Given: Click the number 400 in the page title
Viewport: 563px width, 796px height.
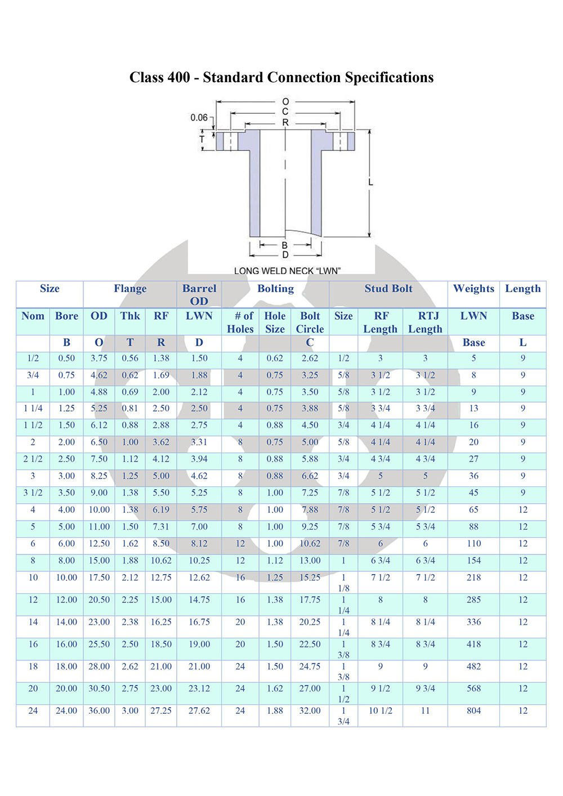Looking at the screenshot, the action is click(x=179, y=77).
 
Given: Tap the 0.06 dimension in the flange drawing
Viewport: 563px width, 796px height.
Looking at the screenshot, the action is click(x=199, y=117).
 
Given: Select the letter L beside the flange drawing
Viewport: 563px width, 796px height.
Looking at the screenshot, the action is click(x=370, y=182).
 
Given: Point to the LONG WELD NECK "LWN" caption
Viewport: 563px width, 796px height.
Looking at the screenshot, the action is click(x=287, y=271).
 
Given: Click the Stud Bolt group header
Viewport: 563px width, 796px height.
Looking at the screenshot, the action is click(x=388, y=289).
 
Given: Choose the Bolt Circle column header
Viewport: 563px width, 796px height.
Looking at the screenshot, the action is click(x=310, y=323).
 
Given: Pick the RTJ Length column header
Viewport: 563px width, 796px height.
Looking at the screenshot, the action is click(x=425, y=323).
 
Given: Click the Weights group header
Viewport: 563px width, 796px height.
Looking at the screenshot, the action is click(x=473, y=289).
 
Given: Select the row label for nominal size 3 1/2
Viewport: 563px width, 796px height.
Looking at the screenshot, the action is click(x=33, y=493).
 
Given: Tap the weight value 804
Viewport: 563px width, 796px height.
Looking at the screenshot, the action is click(x=473, y=710).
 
